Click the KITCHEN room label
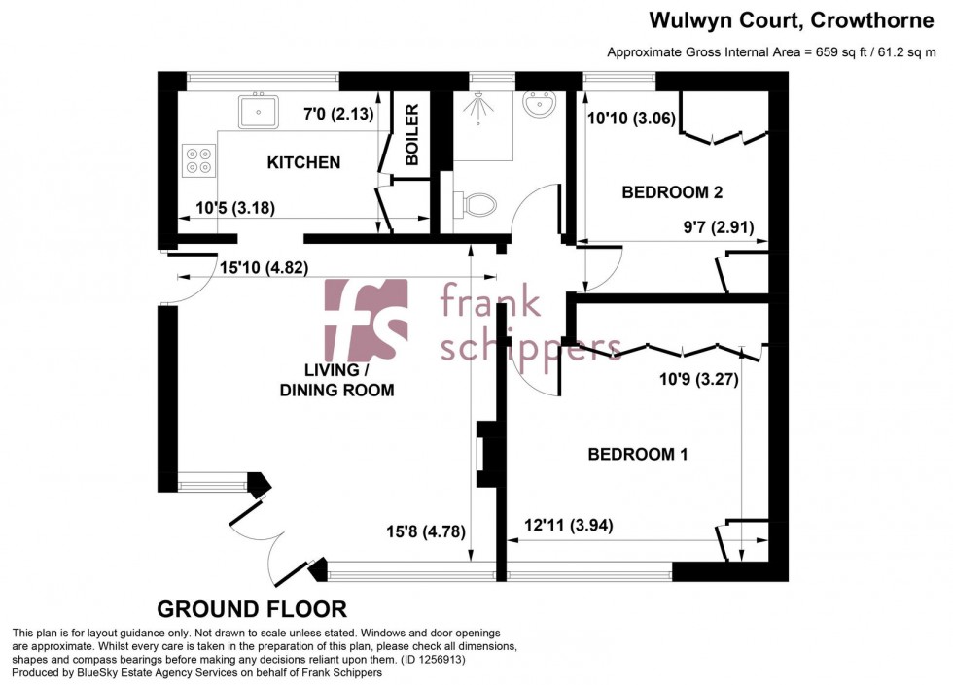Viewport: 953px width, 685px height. (x=303, y=162)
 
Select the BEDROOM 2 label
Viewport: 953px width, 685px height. (x=672, y=192)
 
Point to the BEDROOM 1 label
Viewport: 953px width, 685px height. (x=637, y=454)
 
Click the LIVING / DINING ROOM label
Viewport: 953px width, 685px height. (x=336, y=381)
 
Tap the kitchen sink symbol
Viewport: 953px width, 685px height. (x=260, y=110)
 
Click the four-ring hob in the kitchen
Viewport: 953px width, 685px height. (x=199, y=159)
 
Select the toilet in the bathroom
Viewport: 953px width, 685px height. (x=474, y=204)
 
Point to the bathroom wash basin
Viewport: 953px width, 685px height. (x=537, y=104)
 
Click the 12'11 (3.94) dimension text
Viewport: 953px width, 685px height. (x=562, y=526)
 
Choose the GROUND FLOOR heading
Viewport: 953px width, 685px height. (x=252, y=609)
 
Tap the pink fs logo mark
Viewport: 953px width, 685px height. (x=366, y=320)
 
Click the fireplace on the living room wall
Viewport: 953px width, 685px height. (x=486, y=454)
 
